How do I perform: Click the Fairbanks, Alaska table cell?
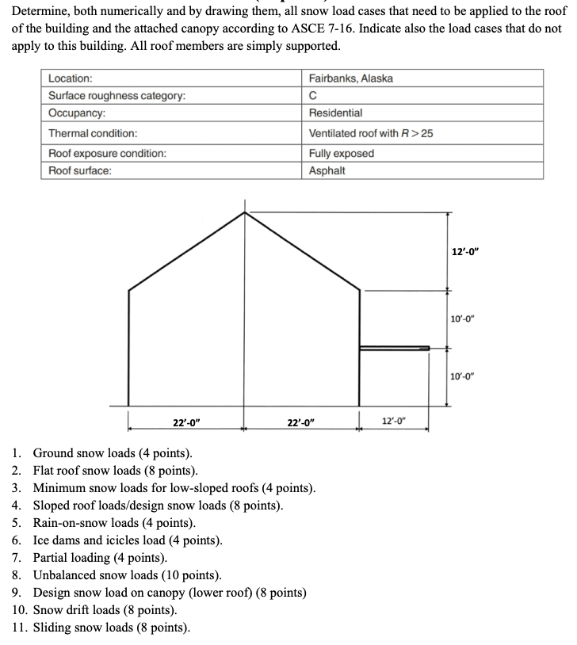click(x=350, y=78)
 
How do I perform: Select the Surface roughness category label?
click(x=117, y=96)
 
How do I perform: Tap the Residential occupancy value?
click(x=335, y=114)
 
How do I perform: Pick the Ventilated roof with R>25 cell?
click(x=371, y=133)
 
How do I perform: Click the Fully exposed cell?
click(x=341, y=153)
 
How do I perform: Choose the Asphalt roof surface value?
click(x=327, y=170)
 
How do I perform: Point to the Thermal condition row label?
click(x=93, y=133)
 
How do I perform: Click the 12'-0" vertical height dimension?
click(x=465, y=251)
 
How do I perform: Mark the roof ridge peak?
click(x=244, y=212)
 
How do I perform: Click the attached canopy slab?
click(x=394, y=348)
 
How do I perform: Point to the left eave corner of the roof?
click(x=129, y=288)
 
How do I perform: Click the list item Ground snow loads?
click(x=112, y=454)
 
